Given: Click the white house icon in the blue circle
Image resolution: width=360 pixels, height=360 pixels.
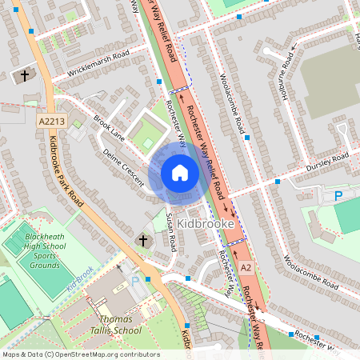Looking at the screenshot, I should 180,172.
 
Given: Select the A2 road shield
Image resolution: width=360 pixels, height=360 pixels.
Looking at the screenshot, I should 246,266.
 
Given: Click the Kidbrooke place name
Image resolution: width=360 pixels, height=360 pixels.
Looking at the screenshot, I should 209,225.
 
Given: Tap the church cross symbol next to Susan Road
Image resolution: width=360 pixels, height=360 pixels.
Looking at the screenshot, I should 144,240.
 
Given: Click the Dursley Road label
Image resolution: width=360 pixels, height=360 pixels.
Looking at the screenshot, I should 328,162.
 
